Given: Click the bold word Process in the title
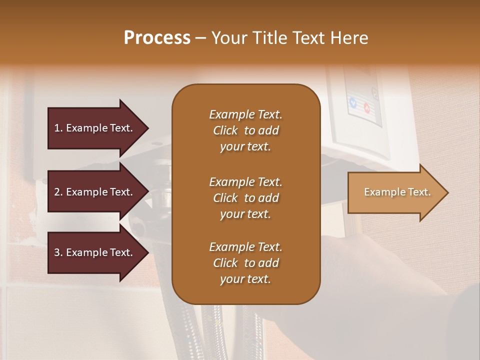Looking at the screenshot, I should point(157,38).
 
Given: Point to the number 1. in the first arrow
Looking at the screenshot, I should point(58,128).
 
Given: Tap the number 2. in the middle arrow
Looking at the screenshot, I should point(58,192).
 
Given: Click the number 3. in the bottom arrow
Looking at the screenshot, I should point(58,252).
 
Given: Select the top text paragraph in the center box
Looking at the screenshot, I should point(245,130).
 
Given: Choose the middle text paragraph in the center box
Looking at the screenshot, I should point(245,198).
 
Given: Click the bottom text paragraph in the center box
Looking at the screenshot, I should point(245,263).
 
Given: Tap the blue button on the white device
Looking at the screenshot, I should point(353,103).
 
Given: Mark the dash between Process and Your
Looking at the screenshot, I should point(201,38).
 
